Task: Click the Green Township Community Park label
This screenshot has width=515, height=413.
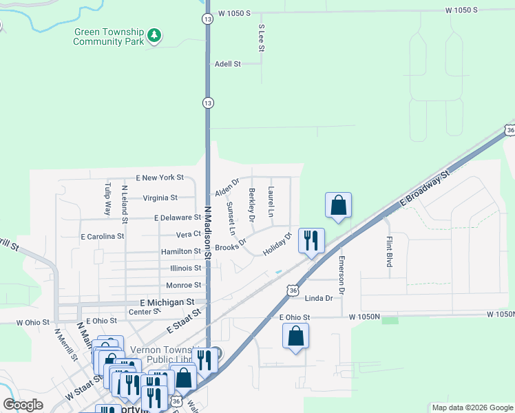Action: (x=109, y=36)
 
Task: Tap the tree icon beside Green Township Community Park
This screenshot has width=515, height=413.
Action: (x=156, y=34)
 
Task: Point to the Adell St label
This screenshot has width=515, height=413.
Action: (x=227, y=63)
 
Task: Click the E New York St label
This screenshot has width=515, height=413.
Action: (x=160, y=178)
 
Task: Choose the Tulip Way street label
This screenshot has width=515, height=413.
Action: (x=107, y=199)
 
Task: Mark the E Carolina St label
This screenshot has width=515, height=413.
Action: (x=102, y=236)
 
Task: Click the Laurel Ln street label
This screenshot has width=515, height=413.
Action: (x=271, y=202)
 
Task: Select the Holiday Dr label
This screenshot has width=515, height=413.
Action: (x=277, y=243)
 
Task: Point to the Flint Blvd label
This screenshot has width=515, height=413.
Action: (x=390, y=251)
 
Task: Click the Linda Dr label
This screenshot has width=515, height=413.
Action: (x=318, y=298)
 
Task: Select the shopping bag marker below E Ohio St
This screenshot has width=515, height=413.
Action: (x=295, y=337)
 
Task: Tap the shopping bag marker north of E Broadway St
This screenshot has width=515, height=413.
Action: (x=338, y=204)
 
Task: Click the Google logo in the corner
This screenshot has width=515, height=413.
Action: (x=23, y=405)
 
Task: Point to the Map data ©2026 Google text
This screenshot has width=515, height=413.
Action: (x=472, y=407)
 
